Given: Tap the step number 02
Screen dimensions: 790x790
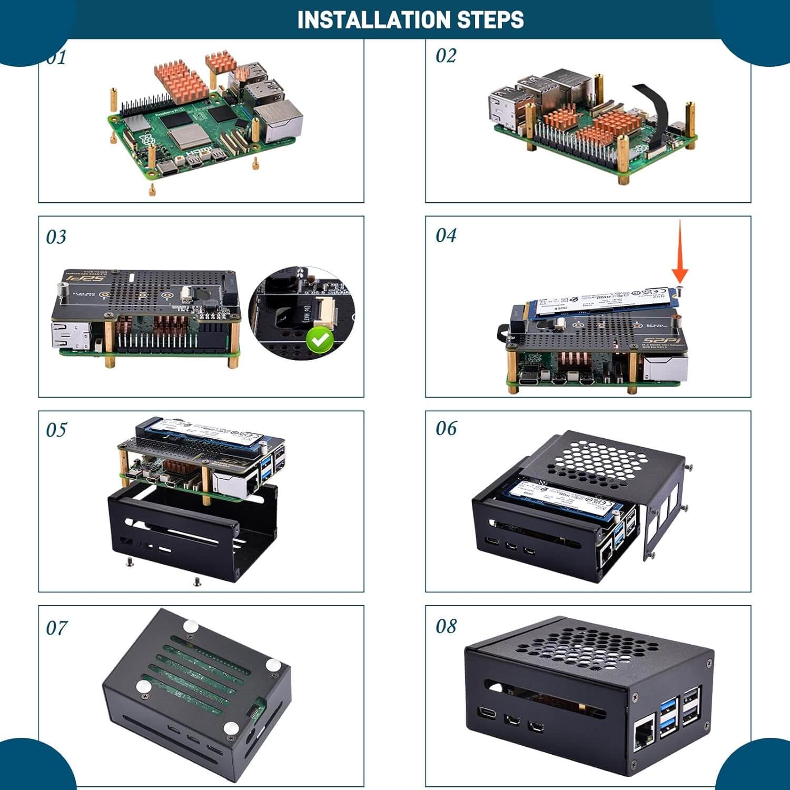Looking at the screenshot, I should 446,55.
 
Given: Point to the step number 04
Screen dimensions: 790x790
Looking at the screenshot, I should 446,235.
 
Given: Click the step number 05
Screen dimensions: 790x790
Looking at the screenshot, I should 56,430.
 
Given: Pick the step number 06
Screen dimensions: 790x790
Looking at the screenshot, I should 446,428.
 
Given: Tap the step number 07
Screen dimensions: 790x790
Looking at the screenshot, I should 56,628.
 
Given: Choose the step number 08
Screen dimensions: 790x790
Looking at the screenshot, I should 446,626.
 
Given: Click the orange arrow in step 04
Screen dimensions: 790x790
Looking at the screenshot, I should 680,253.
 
